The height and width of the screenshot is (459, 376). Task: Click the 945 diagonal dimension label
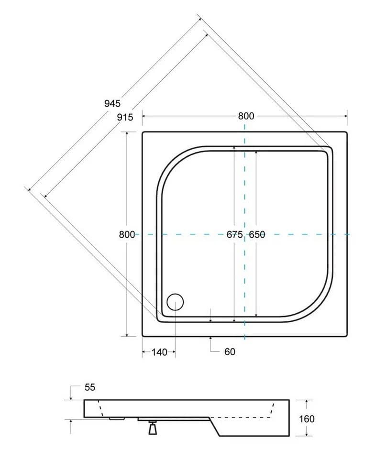coord(112,103)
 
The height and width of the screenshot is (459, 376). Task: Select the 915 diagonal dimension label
coord(125,117)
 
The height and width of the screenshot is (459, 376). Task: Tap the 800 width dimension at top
coord(246,116)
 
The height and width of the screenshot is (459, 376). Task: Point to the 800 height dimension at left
coord(127,234)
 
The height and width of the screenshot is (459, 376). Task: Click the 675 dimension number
coord(235,234)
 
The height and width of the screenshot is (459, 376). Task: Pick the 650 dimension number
coord(257,234)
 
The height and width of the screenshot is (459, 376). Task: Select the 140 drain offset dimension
coord(159,352)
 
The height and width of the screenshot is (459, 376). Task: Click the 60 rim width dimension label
coord(230,351)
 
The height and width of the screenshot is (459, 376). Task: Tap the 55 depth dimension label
coord(90,387)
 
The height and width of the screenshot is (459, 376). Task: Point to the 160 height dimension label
coord(307,419)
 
